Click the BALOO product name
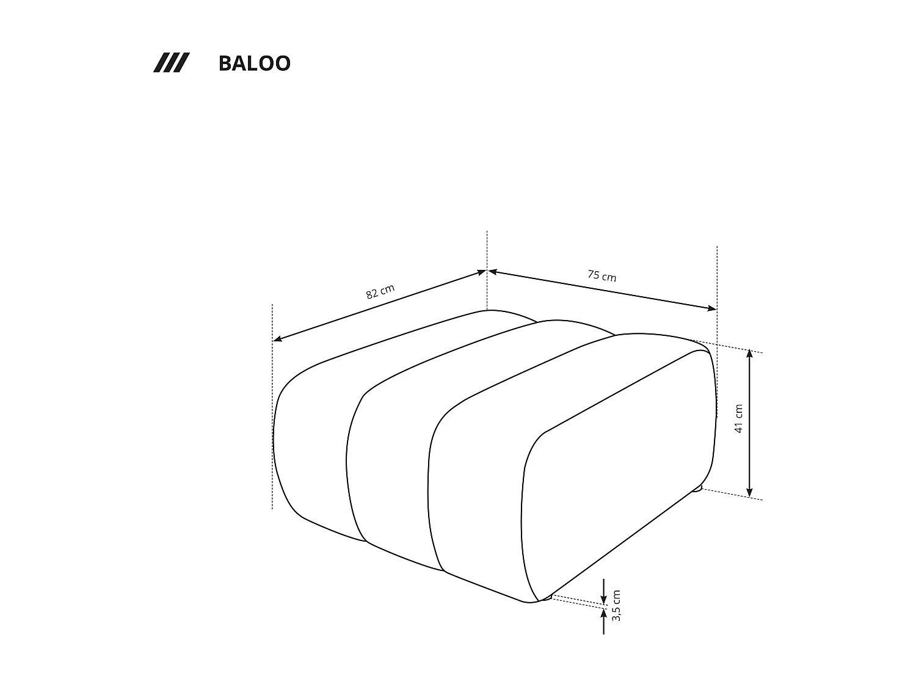click(254, 64)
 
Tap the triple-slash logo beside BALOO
click(171, 63)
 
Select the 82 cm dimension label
click(380, 291)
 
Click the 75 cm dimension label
click(602, 276)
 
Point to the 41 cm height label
click(738, 418)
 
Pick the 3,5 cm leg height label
click(616, 605)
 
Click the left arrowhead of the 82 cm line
click(277, 339)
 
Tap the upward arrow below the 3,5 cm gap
click(603, 614)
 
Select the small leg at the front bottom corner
click(546, 597)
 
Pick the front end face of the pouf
click(617, 476)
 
